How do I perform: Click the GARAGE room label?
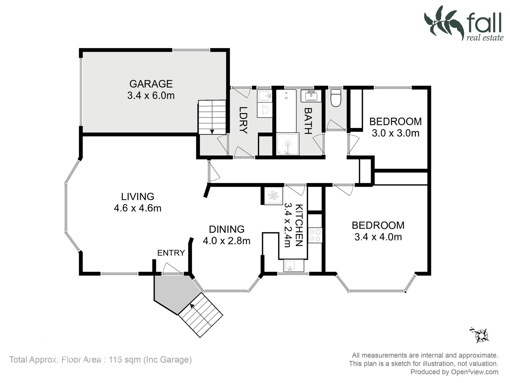[x=151, y=84]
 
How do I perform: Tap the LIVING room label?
[x=138, y=197]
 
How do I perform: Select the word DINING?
[x=227, y=229]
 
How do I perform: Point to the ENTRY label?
[x=171, y=253]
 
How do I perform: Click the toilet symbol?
[x=336, y=98]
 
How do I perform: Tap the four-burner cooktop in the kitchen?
[x=315, y=235]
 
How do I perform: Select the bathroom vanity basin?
[x=311, y=96]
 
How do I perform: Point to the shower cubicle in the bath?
[x=288, y=144]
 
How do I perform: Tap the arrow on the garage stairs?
[x=212, y=132]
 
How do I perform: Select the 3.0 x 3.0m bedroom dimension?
[x=396, y=133]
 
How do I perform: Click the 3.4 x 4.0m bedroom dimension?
[x=378, y=237]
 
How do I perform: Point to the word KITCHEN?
[x=299, y=225]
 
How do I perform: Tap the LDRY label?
[x=243, y=120]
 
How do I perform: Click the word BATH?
[x=308, y=121]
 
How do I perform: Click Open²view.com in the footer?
[x=475, y=372]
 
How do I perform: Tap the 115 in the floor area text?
[x=115, y=359]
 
